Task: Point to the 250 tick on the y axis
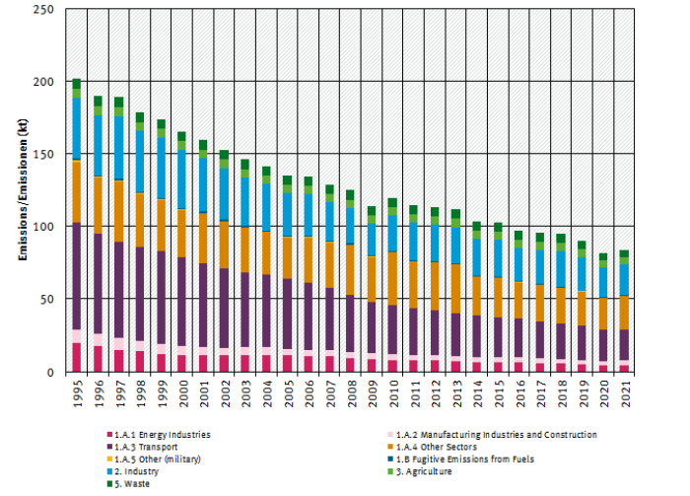43,9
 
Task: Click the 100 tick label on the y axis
43,227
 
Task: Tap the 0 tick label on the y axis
49,372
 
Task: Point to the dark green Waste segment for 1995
77,84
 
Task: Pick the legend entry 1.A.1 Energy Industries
163,434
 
